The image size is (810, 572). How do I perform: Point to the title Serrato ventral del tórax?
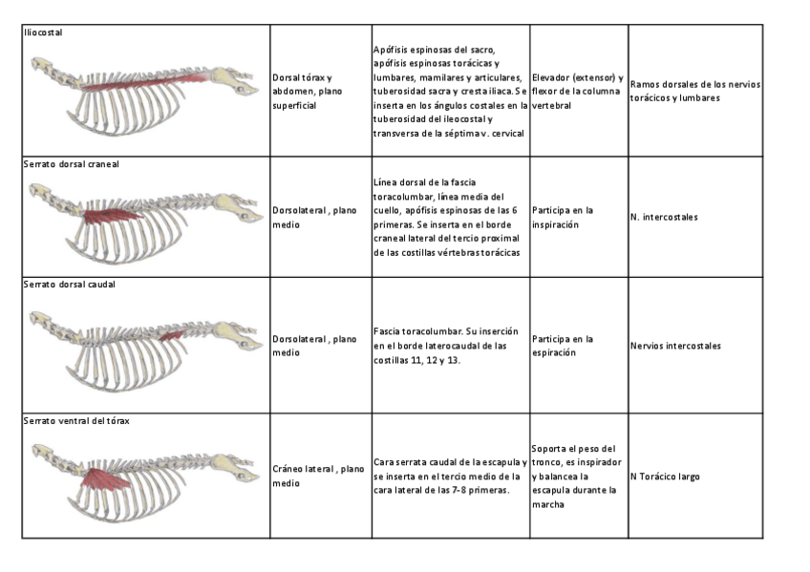(75, 420)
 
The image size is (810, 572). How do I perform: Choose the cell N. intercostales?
(664, 218)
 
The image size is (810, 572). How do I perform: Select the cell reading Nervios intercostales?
(675, 346)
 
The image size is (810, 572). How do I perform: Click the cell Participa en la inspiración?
(563, 218)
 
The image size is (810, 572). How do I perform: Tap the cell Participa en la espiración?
(563, 346)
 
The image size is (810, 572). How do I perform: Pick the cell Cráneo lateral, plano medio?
(318, 476)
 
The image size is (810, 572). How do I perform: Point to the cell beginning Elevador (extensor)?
(577, 91)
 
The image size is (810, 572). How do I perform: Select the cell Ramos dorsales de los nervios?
(695, 91)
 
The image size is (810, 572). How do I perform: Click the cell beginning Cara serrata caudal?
(449, 476)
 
